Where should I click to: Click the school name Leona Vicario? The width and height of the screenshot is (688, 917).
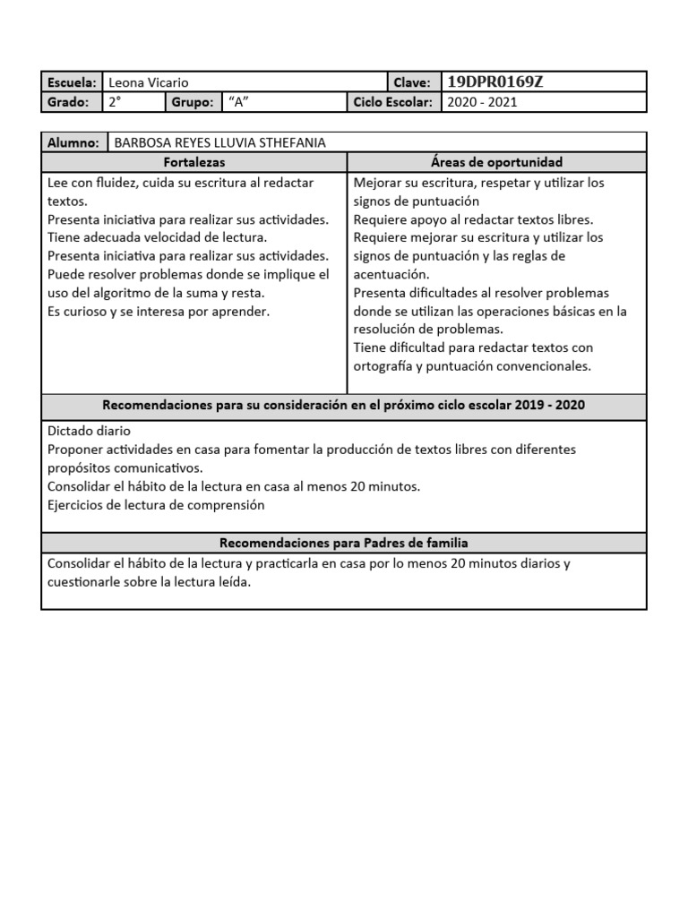[x=148, y=82]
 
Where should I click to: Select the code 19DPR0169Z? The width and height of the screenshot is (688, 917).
[x=494, y=82]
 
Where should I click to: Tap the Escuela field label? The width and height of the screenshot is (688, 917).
[x=72, y=82]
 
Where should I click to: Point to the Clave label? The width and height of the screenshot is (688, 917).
[x=412, y=82]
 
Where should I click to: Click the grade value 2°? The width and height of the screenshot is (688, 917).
[x=114, y=102]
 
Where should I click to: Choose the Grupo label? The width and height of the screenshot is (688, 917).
[x=193, y=102]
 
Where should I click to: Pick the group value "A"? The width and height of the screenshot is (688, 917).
[x=237, y=102]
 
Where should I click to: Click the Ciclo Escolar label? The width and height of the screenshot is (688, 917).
[x=393, y=102]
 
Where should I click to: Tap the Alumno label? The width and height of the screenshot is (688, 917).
[x=73, y=142]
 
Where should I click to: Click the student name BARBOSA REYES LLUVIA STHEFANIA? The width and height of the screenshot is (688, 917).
[x=219, y=142]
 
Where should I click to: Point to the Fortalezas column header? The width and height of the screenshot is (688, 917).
[x=194, y=162]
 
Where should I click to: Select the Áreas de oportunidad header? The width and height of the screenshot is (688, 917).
[x=496, y=162]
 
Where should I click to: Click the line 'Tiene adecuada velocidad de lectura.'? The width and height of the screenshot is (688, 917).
[x=157, y=237]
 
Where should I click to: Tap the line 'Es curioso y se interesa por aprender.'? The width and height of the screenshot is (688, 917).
[x=159, y=311]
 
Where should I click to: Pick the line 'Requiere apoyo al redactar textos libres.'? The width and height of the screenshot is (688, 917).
[x=474, y=219]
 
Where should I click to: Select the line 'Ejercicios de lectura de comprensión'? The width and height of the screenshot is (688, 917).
[x=156, y=504]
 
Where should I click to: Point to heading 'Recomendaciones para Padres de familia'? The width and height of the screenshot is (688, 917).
[x=344, y=543]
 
